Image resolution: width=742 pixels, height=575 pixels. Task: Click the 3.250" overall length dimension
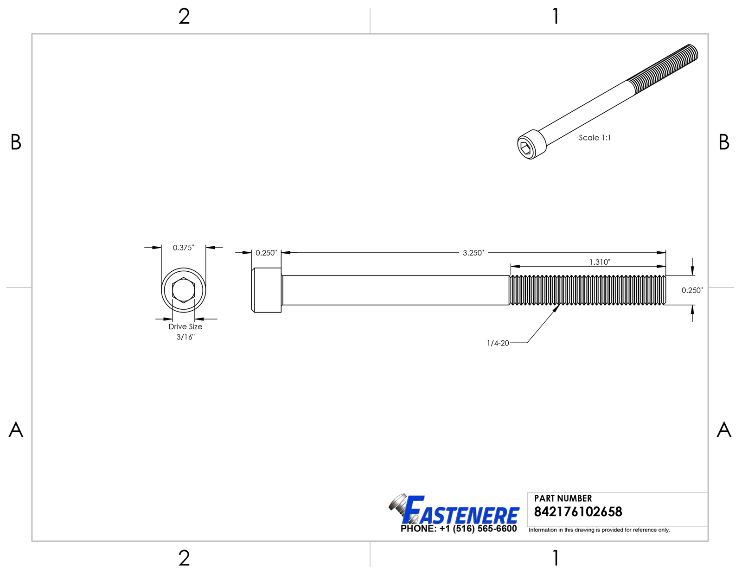[x=473, y=253]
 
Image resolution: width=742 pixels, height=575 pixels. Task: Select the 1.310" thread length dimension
[x=600, y=262]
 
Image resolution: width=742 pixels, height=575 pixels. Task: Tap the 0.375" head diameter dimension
[x=183, y=248]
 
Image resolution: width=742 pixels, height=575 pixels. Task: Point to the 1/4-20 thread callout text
[x=498, y=343]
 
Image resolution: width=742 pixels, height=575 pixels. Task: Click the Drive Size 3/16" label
[x=185, y=332]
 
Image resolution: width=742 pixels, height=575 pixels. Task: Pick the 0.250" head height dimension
[x=266, y=253]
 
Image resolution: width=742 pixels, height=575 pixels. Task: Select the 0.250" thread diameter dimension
[x=692, y=290]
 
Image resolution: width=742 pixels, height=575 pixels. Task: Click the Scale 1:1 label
[x=595, y=138]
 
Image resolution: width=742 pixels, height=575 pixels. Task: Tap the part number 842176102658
[x=578, y=512]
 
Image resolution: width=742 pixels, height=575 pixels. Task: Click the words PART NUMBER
[x=563, y=498]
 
